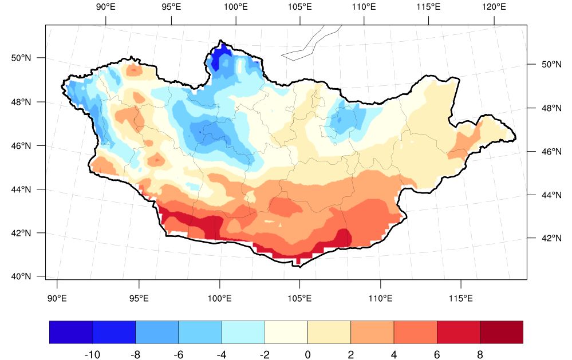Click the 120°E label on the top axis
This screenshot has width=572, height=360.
(494, 8)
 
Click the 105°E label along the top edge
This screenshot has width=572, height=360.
(300, 8)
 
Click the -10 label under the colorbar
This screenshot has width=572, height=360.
(92, 355)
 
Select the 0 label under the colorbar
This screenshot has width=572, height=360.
(307, 355)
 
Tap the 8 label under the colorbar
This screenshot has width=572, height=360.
(480, 355)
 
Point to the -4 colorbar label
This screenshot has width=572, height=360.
(221, 355)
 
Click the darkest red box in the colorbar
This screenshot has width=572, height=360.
(502, 332)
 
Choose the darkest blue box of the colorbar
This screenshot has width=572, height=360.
(71, 332)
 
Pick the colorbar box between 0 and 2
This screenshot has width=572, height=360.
(329, 332)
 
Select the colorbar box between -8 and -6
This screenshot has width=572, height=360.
(157, 332)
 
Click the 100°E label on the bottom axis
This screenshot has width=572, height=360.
(220, 298)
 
